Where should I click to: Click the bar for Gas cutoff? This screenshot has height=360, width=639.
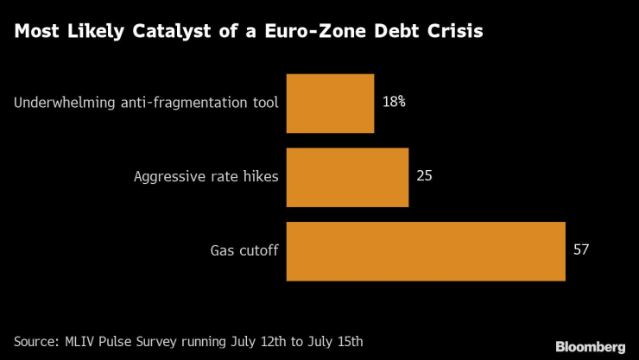click(425, 251)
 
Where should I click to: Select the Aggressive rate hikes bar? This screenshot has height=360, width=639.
click(346, 177)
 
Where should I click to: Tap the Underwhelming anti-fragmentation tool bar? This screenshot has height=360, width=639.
click(329, 103)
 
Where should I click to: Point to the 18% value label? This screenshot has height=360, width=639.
click(394, 102)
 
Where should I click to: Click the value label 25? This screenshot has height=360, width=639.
click(424, 176)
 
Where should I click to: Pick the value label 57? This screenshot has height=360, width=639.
click(581, 250)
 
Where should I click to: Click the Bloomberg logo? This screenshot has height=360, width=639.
click(591, 345)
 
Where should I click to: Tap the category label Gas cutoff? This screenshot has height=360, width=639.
click(244, 251)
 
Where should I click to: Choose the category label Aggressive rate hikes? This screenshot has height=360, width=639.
click(206, 177)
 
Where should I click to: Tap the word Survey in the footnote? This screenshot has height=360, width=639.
click(172, 341)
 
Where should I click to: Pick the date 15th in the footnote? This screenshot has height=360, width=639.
click(350, 341)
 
